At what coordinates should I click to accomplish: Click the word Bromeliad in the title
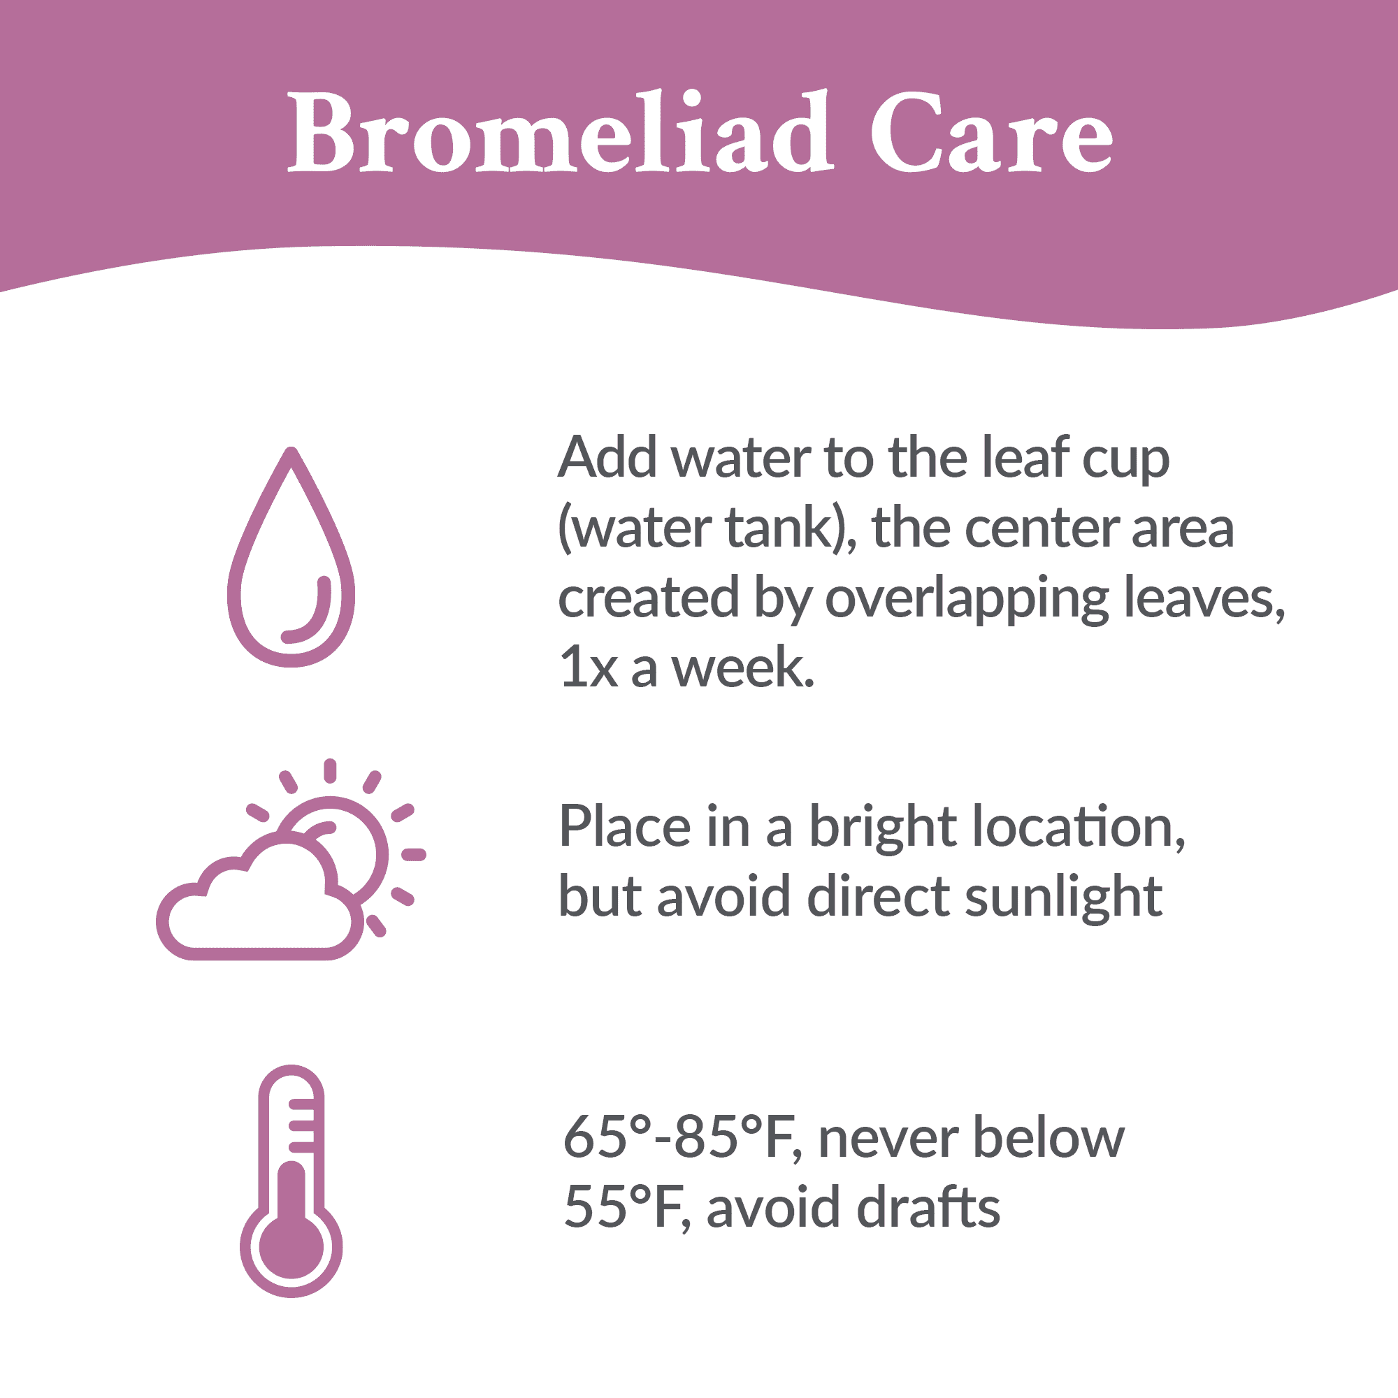click(x=561, y=131)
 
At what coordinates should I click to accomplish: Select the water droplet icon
click(x=291, y=556)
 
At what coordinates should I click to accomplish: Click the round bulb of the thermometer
click(x=291, y=1246)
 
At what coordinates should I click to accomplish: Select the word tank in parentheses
click(x=781, y=527)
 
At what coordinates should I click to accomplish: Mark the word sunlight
click(x=1064, y=900)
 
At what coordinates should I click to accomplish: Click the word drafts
click(x=929, y=1206)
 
